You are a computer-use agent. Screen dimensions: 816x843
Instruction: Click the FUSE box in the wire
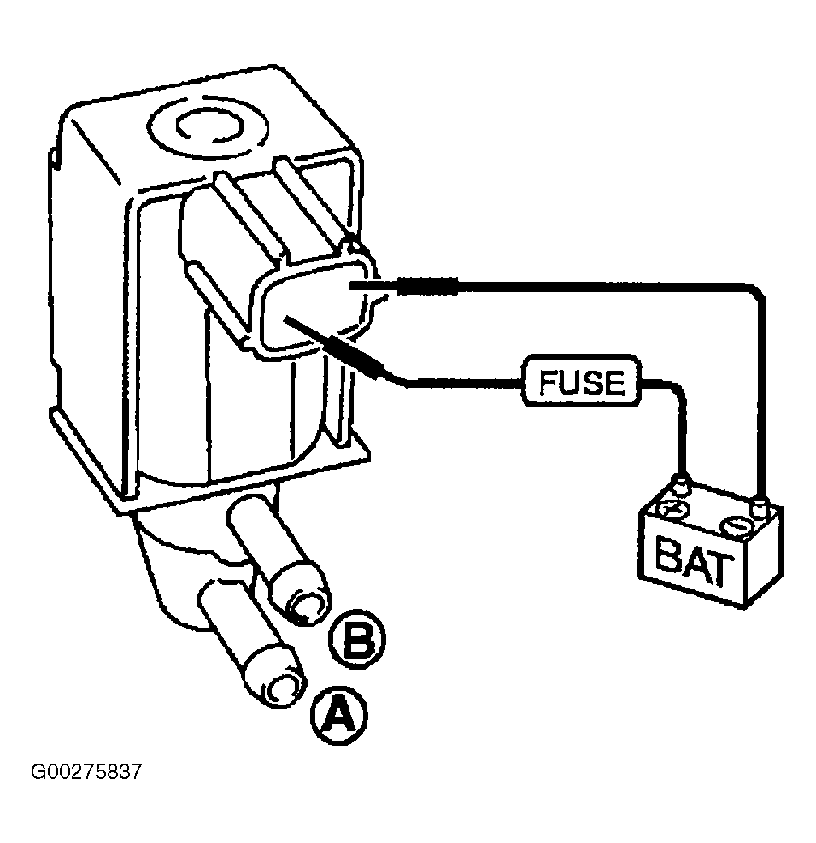pyautogui.click(x=582, y=381)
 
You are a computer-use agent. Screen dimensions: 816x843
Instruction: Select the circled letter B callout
pyautogui.click(x=357, y=639)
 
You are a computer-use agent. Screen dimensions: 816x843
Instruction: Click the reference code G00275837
pyautogui.click(x=86, y=772)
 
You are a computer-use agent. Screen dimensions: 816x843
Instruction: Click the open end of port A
pyautogui.click(x=279, y=688)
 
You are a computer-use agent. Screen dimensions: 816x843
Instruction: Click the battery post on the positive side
pyautogui.click(x=680, y=484)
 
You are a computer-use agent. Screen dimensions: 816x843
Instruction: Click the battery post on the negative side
pyautogui.click(x=759, y=506)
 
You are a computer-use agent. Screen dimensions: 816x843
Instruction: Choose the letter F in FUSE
pyautogui.click(x=549, y=382)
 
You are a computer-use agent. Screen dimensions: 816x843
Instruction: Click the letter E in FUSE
pyautogui.click(x=616, y=383)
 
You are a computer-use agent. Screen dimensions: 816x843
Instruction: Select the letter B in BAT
pyautogui.click(x=667, y=553)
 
